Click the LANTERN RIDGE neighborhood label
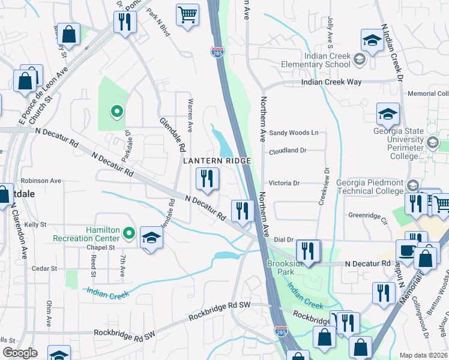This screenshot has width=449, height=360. pyautogui.click(x=216, y=161)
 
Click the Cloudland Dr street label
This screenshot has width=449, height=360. pyautogui.click(x=288, y=151)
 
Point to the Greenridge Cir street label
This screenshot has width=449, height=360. pyautogui.click(x=368, y=214)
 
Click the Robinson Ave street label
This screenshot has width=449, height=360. pyautogui.click(x=41, y=180)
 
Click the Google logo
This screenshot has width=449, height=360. pyautogui.click(x=20, y=353)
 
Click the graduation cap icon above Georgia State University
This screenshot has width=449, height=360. pyautogui.click(x=388, y=113)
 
